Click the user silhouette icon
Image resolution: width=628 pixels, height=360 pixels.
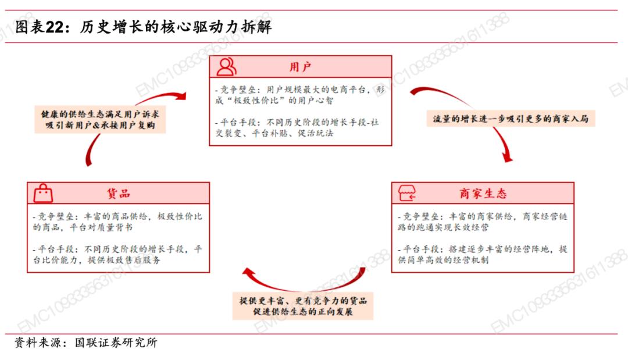(x=226, y=66)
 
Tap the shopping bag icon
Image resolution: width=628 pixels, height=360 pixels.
(x=43, y=194)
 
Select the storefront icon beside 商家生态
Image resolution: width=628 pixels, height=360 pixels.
(x=407, y=193)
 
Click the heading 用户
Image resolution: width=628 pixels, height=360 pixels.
(x=301, y=67)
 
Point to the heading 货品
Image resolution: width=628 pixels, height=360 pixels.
(x=118, y=194)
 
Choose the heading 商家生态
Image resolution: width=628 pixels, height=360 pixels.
(x=483, y=194)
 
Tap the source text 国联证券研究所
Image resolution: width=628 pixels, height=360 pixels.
(x=116, y=343)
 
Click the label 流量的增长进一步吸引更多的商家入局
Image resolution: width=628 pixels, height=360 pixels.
(x=511, y=119)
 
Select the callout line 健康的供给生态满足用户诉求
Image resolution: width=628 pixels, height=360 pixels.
(x=100, y=114)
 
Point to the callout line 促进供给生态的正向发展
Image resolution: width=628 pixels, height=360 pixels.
(x=303, y=312)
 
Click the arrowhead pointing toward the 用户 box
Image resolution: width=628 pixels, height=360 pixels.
(x=181, y=96)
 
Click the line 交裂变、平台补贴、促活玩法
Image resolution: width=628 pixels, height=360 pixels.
(x=274, y=133)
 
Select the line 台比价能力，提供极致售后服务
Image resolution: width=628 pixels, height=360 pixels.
(x=97, y=260)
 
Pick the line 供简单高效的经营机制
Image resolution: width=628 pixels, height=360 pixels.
(x=443, y=260)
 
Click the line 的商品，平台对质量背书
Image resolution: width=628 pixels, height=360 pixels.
(x=83, y=227)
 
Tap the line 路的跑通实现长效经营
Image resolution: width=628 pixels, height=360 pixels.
(x=443, y=227)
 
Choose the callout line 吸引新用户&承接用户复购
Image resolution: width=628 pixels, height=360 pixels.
(x=100, y=126)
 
